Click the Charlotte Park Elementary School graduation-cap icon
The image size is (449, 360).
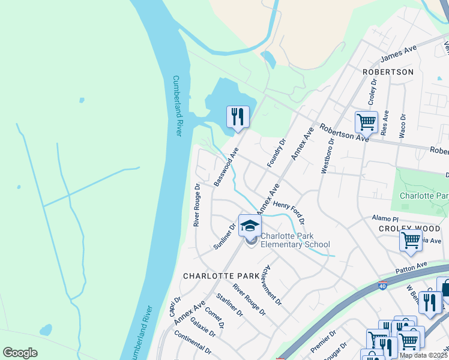pyautogui.click(x=250, y=226)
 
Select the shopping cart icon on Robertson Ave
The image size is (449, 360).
pyautogui.click(x=366, y=122)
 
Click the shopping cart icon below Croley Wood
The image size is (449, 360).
pyautogui.click(x=411, y=241)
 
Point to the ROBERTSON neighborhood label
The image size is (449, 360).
pyautogui.click(x=388, y=71)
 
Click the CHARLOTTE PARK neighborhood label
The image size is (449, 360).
pyautogui.click(x=221, y=276)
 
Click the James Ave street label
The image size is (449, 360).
pyautogui.click(x=398, y=56)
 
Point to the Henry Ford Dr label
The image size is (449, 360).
pyautogui.click(x=289, y=213)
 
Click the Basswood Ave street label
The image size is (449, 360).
pyautogui.click(x=226, y=166)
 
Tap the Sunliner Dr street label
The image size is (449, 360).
pyautogui.click(x=224, y=236)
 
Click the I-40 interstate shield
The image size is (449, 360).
pyautogui.click(x=383, y=285)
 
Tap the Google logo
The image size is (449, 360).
pyautogui.click(x=20, y=353)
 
